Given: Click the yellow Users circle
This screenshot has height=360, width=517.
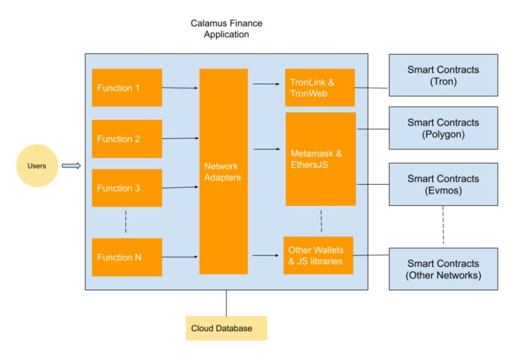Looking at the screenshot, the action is click(x=37, y=166).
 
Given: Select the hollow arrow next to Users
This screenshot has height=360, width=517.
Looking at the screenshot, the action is click(x=71, y=166).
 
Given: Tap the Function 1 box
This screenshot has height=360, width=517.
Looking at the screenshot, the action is click(x=127, y=87).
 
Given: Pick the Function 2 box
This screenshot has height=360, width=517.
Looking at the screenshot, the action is click(x=127, y=139).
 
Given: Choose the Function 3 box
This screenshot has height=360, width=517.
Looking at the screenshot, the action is click(x=127, y=188).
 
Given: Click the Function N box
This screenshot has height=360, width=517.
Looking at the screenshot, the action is click(x=127, y=257).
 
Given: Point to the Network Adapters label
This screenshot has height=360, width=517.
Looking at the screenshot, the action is click(x=223, y=171).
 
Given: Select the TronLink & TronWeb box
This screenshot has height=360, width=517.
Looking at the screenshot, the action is click(x=320, y=87).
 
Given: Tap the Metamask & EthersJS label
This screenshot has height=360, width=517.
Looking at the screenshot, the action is click(x=316, y=159).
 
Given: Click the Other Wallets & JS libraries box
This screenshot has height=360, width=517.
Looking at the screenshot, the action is click(x=318, y=255).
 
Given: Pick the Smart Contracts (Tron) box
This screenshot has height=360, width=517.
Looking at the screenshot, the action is click(x=443, y=75).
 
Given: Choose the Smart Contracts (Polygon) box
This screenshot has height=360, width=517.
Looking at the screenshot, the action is click(x=443, y=128).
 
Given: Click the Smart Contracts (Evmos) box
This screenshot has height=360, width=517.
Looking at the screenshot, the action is click(x=443, y=184).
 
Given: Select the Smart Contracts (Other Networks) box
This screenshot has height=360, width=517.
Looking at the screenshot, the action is click(x=443, y=269).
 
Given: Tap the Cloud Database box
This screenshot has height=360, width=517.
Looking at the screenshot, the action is click(x=226, y=329).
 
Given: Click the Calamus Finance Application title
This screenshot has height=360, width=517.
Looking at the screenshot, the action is click(x=226, y=29).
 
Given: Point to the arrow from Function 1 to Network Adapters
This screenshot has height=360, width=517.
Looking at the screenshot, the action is click(x=180, y=88).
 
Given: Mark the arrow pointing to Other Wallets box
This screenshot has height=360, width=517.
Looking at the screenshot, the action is click(x=266, y=255).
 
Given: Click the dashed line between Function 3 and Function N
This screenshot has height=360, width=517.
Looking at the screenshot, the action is click(x=126, y=222).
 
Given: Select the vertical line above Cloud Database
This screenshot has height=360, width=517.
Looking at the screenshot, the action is click(x=226, y=304).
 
